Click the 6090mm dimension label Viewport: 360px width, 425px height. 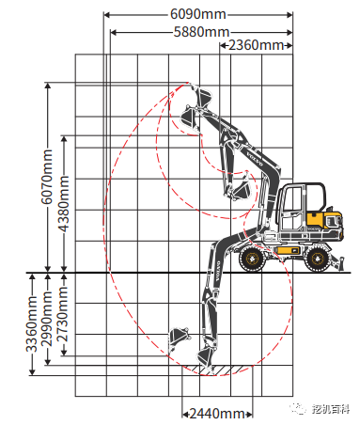click(198, 14)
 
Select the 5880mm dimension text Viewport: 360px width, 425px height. click(201, 32)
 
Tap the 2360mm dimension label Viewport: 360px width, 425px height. click(256, 45)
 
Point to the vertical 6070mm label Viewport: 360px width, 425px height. click(47, 177)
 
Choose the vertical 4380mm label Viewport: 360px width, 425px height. click(64, 204)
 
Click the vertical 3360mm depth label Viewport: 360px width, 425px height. click(32, 323)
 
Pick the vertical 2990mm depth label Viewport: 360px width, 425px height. click(47, 319)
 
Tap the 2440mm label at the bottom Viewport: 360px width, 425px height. click(217, 414)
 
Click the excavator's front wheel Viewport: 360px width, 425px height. click(252, 259)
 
